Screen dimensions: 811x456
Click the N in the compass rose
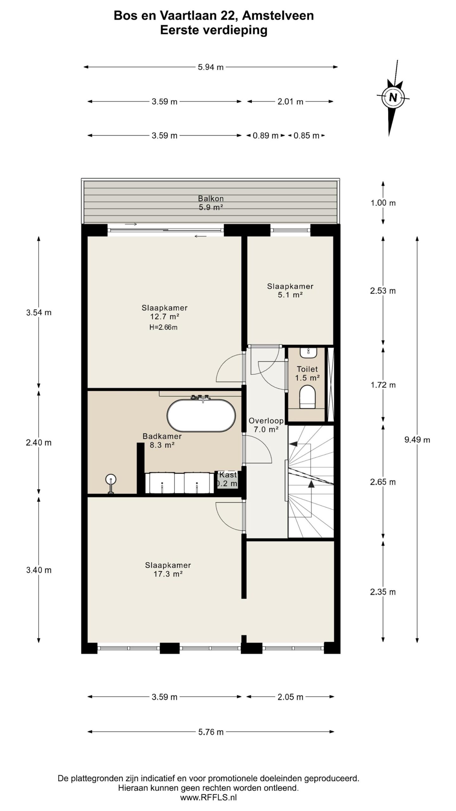(393, 97)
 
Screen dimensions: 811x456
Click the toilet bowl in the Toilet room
(307, 396)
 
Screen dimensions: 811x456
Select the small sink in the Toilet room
(307, 353)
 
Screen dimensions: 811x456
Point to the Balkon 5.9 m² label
(211, 203)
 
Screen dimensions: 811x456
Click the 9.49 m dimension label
(417, 440)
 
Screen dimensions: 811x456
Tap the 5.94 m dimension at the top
(211, 67)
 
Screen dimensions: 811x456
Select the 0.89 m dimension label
(265, 136)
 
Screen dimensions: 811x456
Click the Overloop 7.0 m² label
(266, 425)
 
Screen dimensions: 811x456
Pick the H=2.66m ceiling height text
(163, 328)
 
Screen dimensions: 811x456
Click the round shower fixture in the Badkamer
(111, 479)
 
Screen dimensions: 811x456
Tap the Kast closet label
(228, 475)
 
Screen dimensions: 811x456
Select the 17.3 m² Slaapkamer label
(168, 569)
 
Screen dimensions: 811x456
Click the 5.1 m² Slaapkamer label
(290, 291)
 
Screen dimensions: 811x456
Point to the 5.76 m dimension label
(211, 732)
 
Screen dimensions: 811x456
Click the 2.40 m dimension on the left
(39, 443)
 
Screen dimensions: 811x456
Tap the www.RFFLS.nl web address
(208, 798)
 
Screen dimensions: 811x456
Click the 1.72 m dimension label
(383, 385)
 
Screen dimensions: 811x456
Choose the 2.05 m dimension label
(290, 697)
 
